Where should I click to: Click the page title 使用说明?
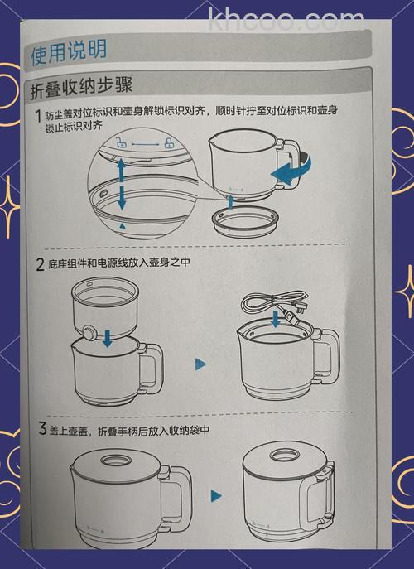[69, 51]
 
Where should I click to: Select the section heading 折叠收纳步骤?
[82, 86]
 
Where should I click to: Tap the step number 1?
[38, 116]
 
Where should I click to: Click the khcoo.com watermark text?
[286, 19]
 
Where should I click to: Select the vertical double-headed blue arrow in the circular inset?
[121, 185]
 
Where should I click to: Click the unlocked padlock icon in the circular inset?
[121, 142]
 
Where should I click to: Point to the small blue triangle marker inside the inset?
[123, 224]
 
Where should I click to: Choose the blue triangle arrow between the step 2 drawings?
[200, 364]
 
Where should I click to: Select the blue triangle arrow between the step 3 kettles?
[216, 496]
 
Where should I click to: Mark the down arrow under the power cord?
[276, 321]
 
